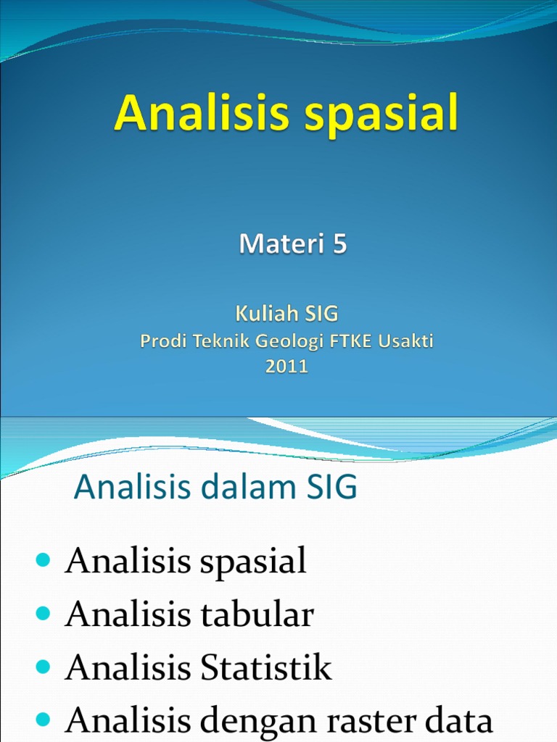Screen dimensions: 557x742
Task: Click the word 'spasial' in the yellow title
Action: tap(381, 114)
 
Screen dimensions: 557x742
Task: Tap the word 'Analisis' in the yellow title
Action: tap(202, 112)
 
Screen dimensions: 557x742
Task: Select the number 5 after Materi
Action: tap(340, 243)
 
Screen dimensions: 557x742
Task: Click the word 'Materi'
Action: tap(282, 243)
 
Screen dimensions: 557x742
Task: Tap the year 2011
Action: tap(286, 366)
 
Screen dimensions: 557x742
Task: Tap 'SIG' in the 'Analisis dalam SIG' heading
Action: tap(332, 486)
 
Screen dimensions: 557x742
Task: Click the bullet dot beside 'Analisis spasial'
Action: tap(43, 560)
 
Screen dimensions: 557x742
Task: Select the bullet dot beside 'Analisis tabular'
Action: tap(43, 614)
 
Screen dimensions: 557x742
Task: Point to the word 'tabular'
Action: tap(257, 614)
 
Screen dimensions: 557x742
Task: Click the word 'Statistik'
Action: tap(265, 667)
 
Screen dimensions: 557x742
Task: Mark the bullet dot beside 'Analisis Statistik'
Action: tap(43, 667)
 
